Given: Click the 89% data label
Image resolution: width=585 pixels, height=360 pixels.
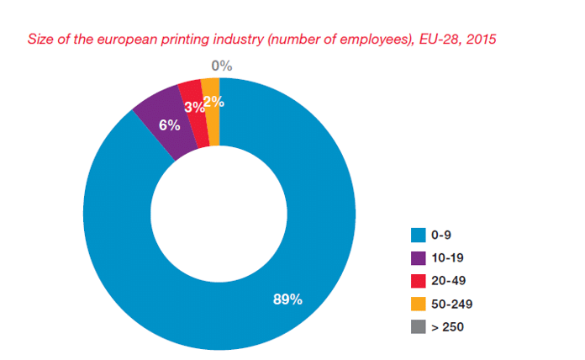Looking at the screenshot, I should pyautogui.click(x=287, y=299).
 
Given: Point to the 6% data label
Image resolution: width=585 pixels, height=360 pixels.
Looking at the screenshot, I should pyautogui.click(x=170, y=124).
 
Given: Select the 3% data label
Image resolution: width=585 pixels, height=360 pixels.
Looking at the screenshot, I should pyautogui.click(x=193, y=106).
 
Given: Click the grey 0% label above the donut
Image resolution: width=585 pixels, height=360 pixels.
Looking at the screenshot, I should pyautogui.click(x=222, y=66).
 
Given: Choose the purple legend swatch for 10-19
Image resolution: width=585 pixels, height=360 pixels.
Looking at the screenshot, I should pyautogui.click(x=416, y=256).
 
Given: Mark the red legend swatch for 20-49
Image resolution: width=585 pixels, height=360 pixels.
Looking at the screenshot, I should pyautogui.click(x=416, y=279).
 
